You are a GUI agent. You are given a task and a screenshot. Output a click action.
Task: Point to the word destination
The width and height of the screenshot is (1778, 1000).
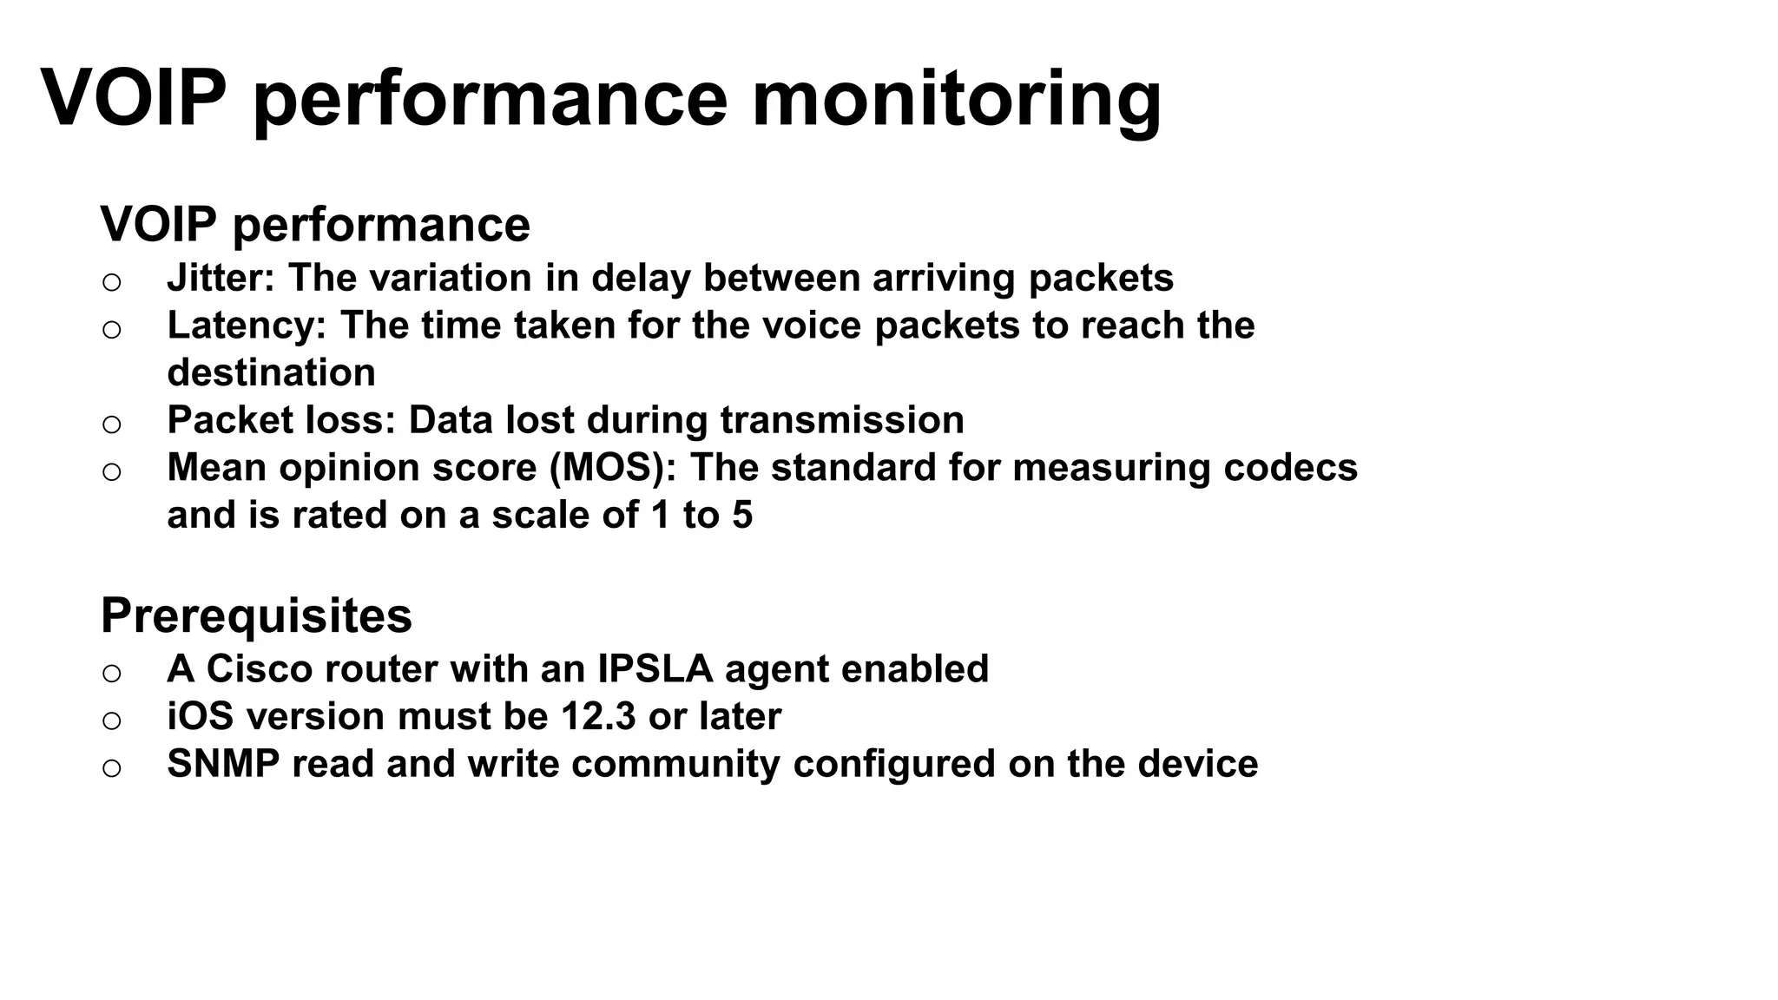click(271, 373)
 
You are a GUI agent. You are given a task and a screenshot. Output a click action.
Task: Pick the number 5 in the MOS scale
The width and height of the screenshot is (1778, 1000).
click(742, 515)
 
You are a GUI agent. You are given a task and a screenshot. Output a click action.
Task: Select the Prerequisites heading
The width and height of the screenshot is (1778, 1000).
click(256, 615)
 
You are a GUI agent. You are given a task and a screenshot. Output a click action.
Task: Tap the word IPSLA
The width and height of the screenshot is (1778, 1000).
click(655, 669)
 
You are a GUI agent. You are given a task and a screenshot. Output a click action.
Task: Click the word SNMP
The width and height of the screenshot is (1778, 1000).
click(223, 764)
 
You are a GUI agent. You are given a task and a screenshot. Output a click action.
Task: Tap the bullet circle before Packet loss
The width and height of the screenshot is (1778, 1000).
click(111, 424)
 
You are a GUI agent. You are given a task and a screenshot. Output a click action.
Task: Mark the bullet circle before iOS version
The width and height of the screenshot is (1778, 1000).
click(111, 720)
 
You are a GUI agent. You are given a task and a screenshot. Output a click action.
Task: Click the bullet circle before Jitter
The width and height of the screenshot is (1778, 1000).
click(111, 282)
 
